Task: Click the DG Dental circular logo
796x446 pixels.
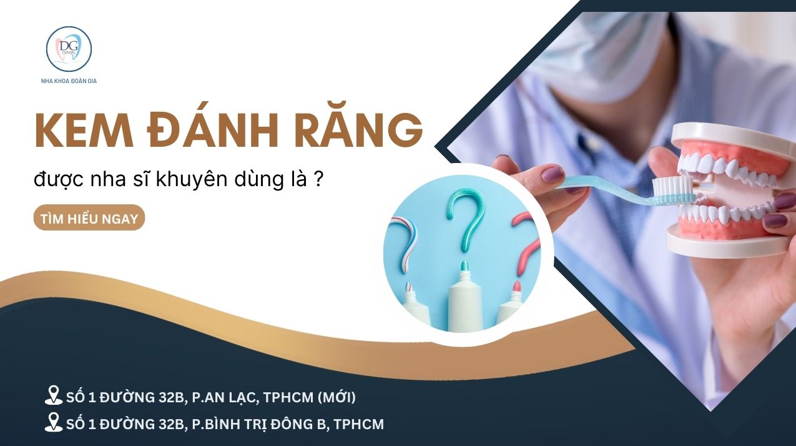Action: pyautogui.click(x=69, y=49)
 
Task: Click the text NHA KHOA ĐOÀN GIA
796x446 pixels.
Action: pyautogui.click(x=69, y=81)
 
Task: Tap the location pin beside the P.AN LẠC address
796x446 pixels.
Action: pyautogui.click(x=54, y=395)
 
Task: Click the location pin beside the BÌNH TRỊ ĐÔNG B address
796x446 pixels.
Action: pyautogui.click(x=54, y=424)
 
